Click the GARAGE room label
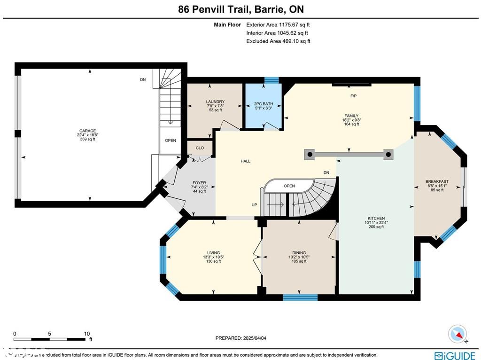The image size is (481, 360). pos(88,131)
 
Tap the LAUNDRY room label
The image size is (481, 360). pos(215,102)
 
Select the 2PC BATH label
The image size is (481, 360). pos(264,104)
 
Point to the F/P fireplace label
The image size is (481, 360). pos(353,96)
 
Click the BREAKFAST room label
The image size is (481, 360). pos(437,181)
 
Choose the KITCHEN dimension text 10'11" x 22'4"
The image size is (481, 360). pos(376,223)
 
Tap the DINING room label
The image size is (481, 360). pos(299,252)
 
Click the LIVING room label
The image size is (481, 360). pos(213,252)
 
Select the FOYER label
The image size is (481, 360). pos(199,183)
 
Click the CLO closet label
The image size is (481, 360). pos(200,148)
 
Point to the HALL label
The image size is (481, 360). pos(245,161)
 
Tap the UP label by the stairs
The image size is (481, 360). pos(254,205)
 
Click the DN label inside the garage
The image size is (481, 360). pos(143,80)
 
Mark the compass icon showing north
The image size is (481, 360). pos(458,334)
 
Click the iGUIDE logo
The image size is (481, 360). pos(455,355)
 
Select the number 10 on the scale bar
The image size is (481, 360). pos(86,333)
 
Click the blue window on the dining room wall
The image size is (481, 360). pos(300,297)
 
